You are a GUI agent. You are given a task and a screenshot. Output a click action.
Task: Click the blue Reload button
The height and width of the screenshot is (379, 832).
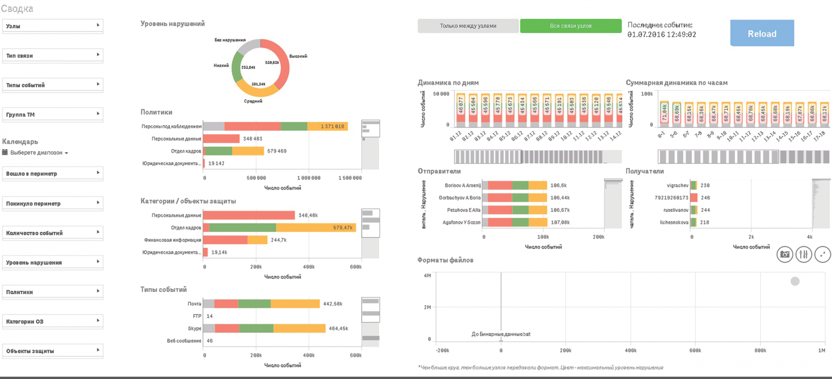(x=762, y=33)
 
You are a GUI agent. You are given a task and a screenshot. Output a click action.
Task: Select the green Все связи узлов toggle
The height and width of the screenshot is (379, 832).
(x=570, y=26)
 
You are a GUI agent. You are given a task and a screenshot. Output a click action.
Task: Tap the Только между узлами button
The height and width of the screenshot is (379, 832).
(x=468, y=26)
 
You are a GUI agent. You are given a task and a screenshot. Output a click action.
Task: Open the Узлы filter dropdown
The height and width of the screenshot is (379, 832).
(x=52, y=26)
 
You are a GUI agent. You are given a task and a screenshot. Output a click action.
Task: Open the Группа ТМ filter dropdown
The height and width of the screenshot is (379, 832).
(x=52, y=115)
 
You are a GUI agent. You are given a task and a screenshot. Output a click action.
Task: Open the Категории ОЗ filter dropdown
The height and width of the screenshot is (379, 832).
(x=52, y=322)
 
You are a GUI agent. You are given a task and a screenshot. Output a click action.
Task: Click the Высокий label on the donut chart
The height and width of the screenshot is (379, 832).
(x=298, y=56)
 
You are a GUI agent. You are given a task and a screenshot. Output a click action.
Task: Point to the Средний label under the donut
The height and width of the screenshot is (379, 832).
(x=253, y=101)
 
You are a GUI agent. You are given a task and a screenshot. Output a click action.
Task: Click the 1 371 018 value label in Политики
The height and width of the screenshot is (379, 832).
(x=332, y=127)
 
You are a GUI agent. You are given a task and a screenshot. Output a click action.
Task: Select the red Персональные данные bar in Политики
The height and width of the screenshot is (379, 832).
(x=221, y=139)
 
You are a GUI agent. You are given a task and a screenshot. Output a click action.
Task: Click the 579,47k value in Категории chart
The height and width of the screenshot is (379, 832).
(x=342, y=228)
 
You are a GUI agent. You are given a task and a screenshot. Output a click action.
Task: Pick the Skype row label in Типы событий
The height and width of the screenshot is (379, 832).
(x=194, y=329)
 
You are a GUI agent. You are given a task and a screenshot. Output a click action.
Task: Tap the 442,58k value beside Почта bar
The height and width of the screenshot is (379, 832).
(x=332, y=304)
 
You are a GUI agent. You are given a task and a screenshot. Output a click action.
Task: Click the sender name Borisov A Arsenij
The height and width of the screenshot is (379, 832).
(x=463, y=185)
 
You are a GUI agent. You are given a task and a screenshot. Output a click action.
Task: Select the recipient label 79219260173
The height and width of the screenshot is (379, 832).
(x=671, y=198)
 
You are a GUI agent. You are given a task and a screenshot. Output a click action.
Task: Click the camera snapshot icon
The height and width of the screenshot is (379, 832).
(x=785, y=254)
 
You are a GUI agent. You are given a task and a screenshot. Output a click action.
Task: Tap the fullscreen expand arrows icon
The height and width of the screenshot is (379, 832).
(x=822, y=254)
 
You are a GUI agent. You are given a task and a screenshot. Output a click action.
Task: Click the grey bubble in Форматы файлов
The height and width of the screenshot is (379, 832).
(x=795, y=282)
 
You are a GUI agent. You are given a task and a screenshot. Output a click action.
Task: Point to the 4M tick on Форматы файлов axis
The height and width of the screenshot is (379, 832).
(x=427, y=276)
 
